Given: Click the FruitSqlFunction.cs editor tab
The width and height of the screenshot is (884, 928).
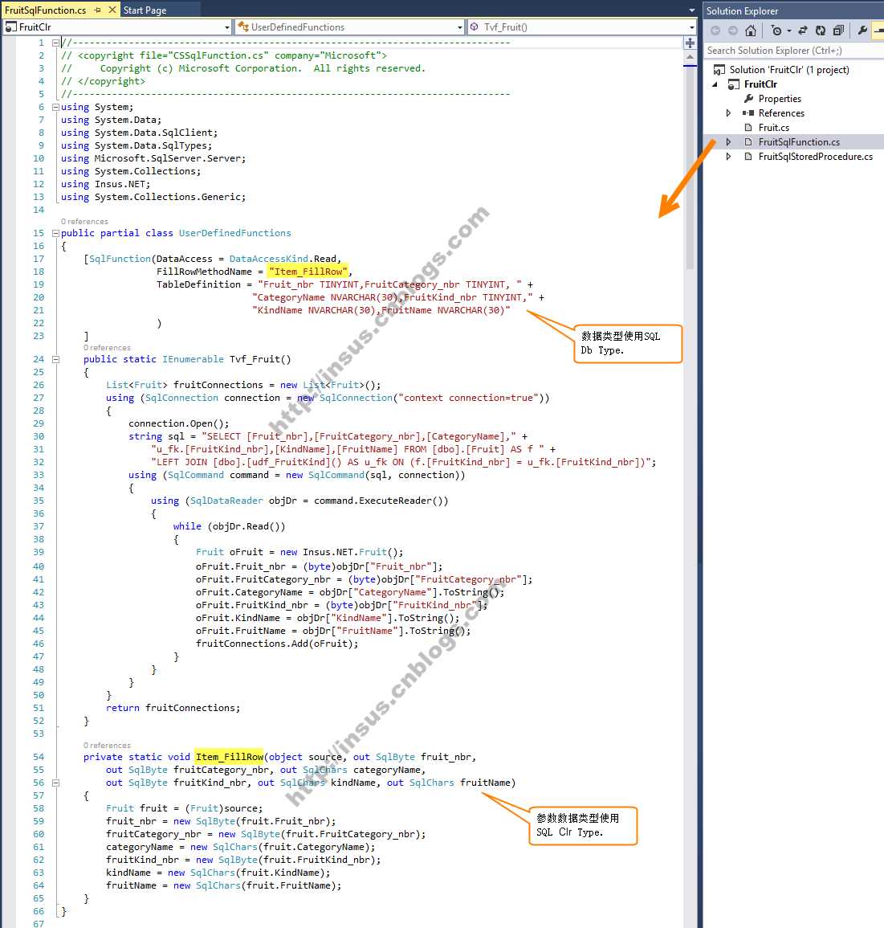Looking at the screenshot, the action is pyautogui.click(x=45, y=10).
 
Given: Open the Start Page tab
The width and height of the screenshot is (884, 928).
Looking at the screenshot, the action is pyautogui.click(x=145, y=10).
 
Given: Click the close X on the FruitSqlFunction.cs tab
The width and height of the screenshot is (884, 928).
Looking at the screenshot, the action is pyautogui.click(x=112, y=10).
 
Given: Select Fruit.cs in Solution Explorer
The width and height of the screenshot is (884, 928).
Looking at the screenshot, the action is pyautogui.click(x=773, y=127).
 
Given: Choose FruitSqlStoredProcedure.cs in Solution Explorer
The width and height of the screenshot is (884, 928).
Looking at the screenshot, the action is pyautogui.click(x=816, y=156).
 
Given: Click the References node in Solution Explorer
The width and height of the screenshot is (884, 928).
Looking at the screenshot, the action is pyautogui.click(x=781, y=113).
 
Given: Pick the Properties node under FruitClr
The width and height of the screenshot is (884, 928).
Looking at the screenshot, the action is pyautogui.click(x=780, y=98).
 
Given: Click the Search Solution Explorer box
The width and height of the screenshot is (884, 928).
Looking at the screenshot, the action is pyautogui.click(x=792, y=51).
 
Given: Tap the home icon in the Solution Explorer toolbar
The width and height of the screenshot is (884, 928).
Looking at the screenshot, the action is pyautogui.click(x=751, y=31).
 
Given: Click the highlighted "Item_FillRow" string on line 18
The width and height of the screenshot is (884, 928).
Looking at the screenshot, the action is pyautogui.click(x=308, y=272).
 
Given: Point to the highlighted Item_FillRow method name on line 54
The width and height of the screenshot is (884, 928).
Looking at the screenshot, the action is pyautogui.click(x=230, y=757).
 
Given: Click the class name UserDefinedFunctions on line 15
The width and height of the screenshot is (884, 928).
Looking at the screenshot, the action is pyautogui.click(x=234, y=233).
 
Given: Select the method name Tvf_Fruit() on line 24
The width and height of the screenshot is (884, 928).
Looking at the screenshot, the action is pyautogui.click(x=260, y=359).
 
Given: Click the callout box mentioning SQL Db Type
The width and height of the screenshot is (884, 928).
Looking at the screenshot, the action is pyautogui.click(x=627, y=343).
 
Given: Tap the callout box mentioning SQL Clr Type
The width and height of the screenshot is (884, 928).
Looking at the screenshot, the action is pyautogui.click(x=582, y=826).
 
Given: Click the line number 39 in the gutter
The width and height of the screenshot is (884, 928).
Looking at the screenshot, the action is pyautogui.click(x=39, y=552).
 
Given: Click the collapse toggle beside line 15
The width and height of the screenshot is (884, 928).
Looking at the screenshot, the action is pyautogui.click(x=55, y=233).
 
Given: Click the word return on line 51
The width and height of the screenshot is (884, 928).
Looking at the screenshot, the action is pyautogui.click(x=122, y=708).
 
